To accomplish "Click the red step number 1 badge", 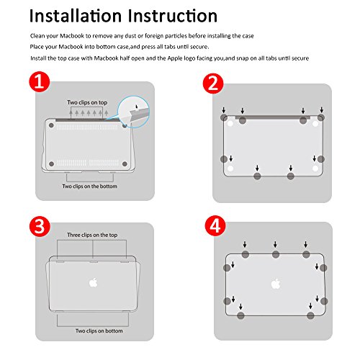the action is [x=40, y=82].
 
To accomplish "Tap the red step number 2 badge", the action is [x=213, y=84].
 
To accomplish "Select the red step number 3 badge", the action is [x=40, y=226].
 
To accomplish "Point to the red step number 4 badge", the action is [x=215, y=226].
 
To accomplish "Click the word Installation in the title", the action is [x=76, y=16].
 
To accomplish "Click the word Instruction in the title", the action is [x=173, y=16].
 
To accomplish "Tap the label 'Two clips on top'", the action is [x=87, y=102].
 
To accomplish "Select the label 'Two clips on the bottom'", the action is [x=90, y=186].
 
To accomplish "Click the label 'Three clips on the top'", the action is [x=92, y=235].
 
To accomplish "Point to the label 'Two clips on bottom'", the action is [x=99, y=331].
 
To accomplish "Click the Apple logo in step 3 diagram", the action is [x=94, y=282].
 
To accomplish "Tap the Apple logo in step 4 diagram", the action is [x=276, y=284].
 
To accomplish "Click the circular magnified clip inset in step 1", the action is [x=133, y=112].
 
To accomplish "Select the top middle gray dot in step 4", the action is [x=276, y=254].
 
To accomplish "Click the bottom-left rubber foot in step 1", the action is [x=51, y=164].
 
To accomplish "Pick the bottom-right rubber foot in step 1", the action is [x=125, y=164].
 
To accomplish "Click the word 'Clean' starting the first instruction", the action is [x=37, y=36].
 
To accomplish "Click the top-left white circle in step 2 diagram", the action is [x=230, y=124].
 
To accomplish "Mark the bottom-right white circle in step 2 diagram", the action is [x=315, y=168].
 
